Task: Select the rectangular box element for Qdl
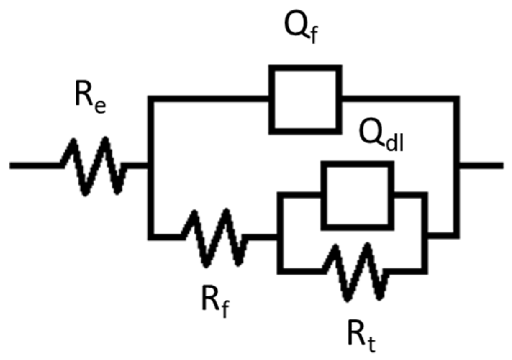[357, 196]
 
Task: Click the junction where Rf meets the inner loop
[280, 237]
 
